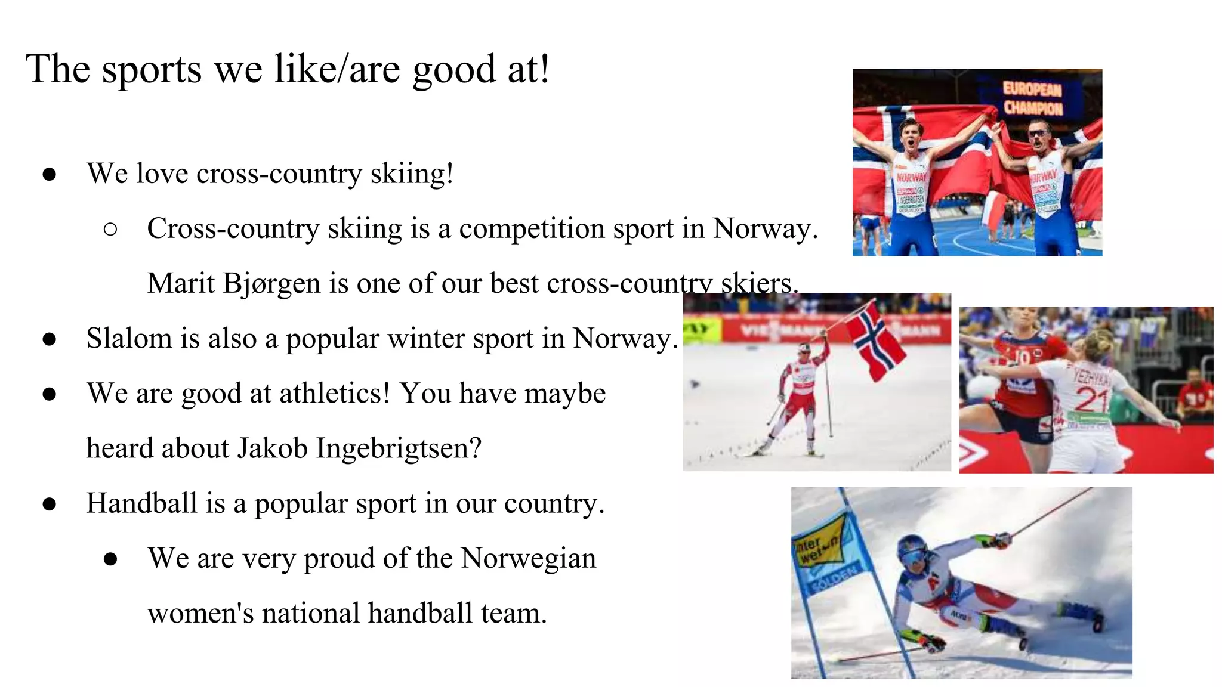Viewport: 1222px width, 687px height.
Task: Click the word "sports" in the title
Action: [x=152, y=70]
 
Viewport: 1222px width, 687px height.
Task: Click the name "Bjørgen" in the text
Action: [x=271, y=284]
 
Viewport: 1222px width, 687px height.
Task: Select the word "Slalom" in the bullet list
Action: [x=129, y=339]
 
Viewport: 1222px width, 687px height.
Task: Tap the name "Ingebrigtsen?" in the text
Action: [x=398, y=448]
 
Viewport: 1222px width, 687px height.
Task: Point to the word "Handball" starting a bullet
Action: [x=141, y=503]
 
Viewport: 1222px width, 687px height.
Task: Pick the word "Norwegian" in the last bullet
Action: [x=528, y=559]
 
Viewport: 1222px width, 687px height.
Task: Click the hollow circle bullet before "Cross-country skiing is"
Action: [x=110, y=230]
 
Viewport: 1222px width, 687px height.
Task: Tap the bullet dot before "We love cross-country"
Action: [x=50, y=175]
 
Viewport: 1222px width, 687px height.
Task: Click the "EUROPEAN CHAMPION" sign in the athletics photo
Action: [x=1032, y=99]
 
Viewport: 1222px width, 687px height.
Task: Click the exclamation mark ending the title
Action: [x=543, y=70]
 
